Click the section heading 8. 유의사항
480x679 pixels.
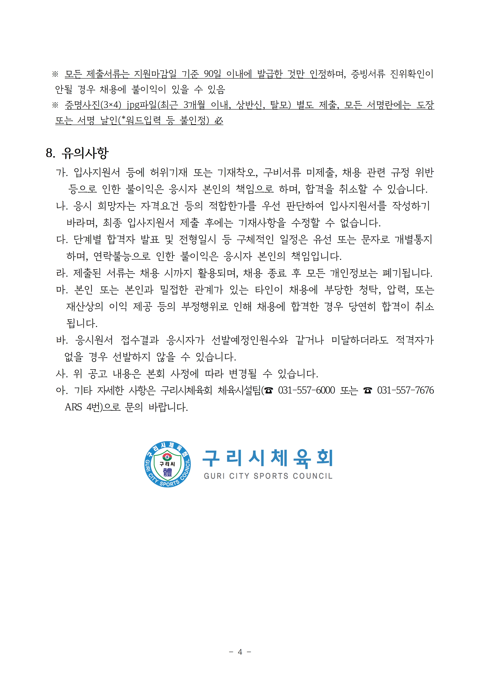pyautogui.click(x=77, y=153)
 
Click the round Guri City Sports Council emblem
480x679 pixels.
pyautogui.click(x=167, y=465)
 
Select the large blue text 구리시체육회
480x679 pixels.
pyautogui.click(x=268, y=458)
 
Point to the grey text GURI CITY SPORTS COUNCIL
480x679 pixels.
pyautogui.click(x=268, y=476)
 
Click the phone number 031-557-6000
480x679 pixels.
pyautogui.click(x=306, y=390)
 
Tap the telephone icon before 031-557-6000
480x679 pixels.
pyautogui.click(x=268, y=391)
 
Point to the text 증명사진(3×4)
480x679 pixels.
pyautogui.click(x=93, y=105)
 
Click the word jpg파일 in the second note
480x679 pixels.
pyautogui.click(x=142, y=105)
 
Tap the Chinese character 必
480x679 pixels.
pyautogui.click(x=219, y=120)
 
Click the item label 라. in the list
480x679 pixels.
pyautogui.click(x=62, y=273)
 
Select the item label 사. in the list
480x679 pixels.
pyautogui.click(x=62, y=374)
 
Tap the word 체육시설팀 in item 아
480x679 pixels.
pyautogui.click(x=239, y=390)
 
